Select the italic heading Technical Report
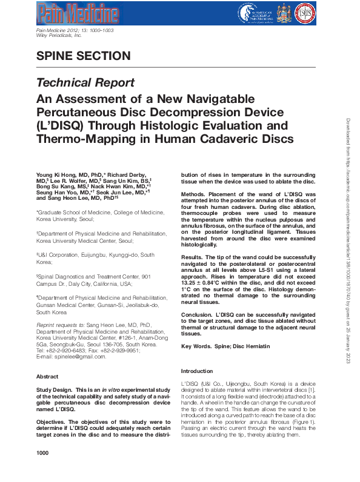coord(85,82)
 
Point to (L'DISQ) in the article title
coord(63,125)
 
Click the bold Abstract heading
coord(48,376)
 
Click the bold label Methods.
coord(195,194)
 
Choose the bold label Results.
coord(194,257)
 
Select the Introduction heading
coord(198,371)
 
